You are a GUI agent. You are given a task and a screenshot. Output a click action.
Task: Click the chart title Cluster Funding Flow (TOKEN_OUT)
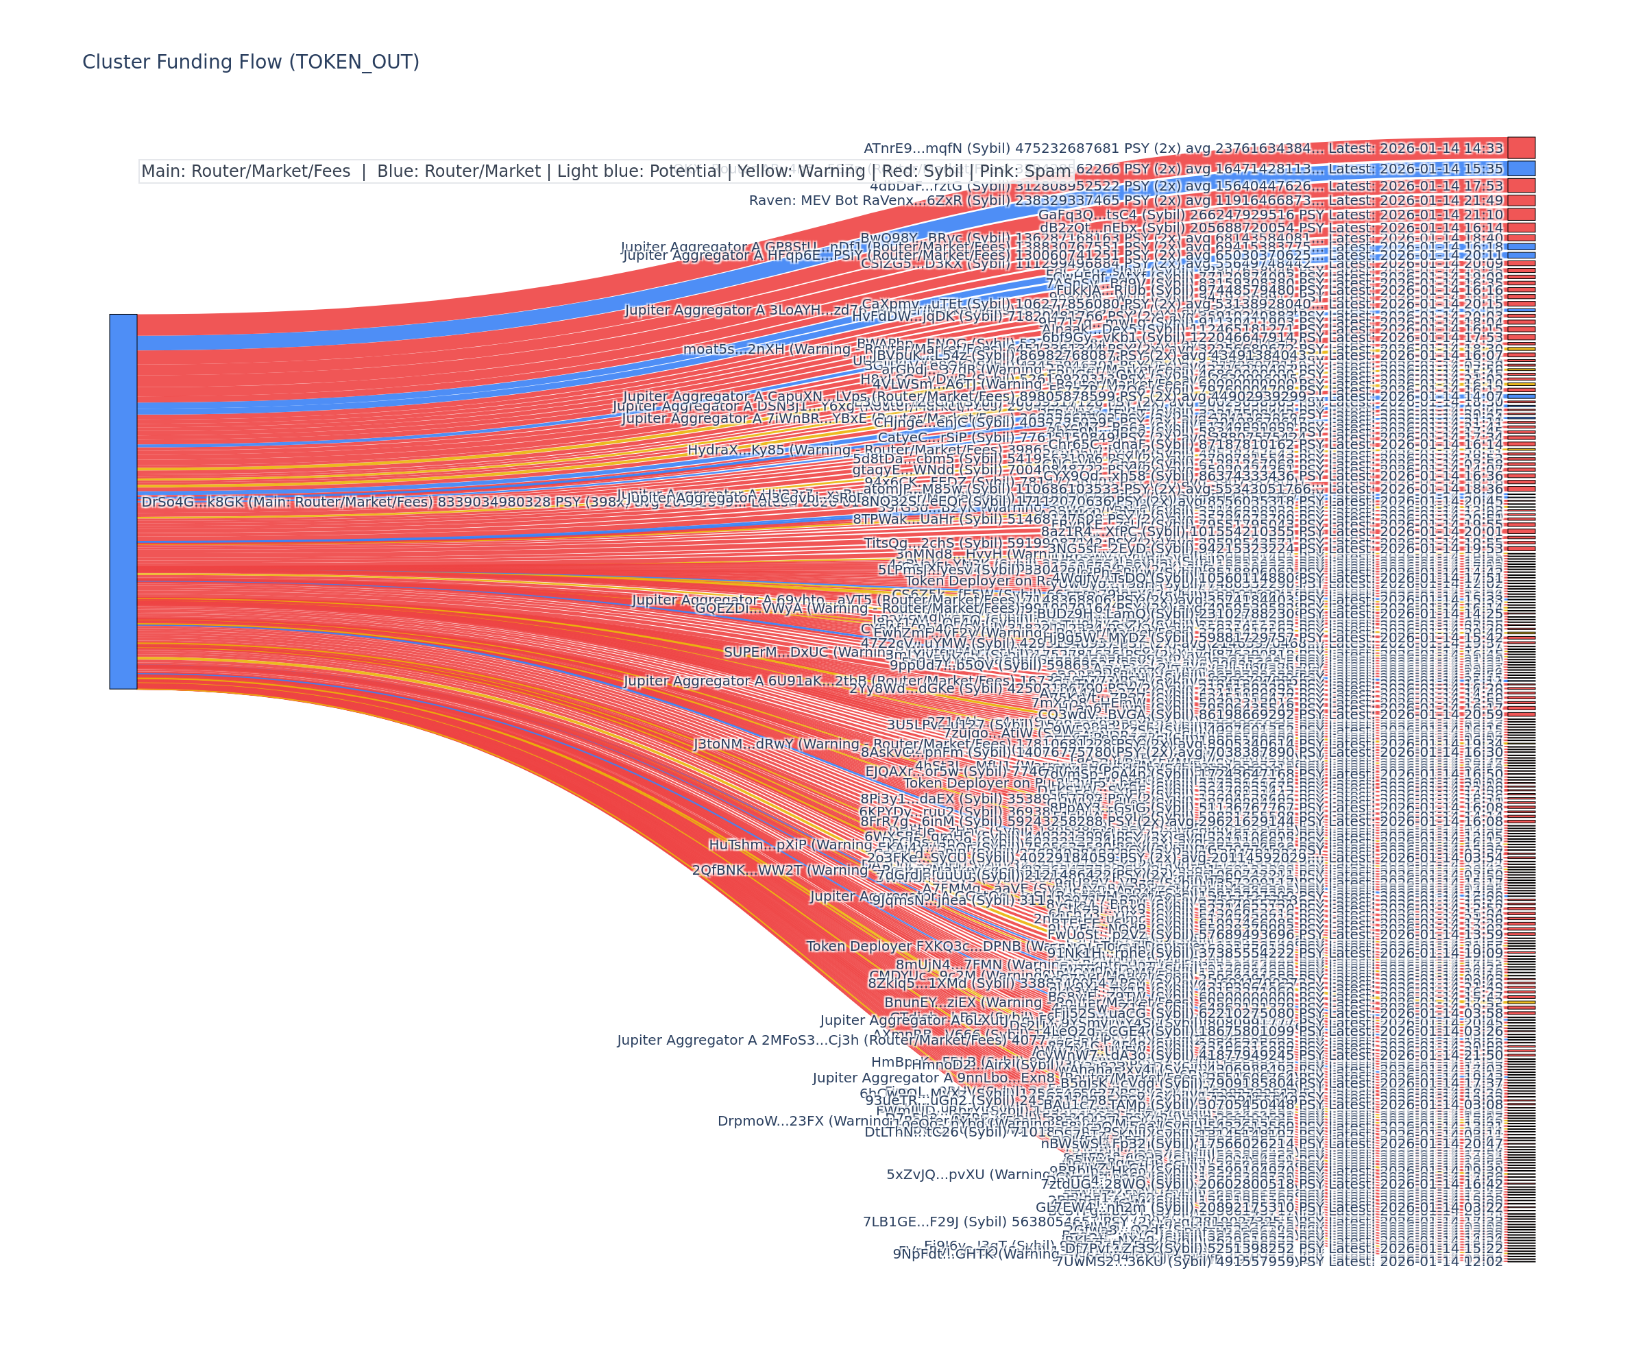[251, 62]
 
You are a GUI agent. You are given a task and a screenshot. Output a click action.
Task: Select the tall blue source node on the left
[123, 501]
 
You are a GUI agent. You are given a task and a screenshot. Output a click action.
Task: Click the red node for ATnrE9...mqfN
[1521, 147]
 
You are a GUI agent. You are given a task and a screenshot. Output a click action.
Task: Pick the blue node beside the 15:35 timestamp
[1521, 169]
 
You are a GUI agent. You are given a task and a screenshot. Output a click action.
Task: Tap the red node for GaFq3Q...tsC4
[1521, 214]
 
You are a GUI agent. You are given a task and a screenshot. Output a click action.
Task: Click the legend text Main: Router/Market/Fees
[246, 171]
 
